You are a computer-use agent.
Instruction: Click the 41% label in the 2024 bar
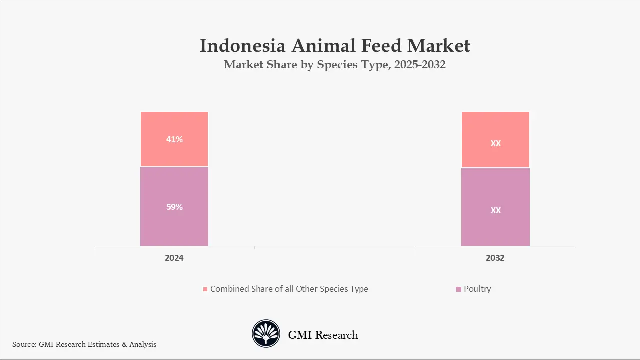[x=174, y=140]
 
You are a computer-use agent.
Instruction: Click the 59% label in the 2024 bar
[x=174, y=207]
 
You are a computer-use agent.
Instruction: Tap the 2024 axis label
[x=174, y=258]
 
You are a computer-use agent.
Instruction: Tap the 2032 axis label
[x=495, y=258]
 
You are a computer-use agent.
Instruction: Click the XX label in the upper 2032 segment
[x=495, y=143]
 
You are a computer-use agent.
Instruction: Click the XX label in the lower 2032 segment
[x=495, y=210]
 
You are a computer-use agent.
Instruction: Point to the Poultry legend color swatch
[x=459, y=289]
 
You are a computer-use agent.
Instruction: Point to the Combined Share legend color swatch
[x=205, y=289]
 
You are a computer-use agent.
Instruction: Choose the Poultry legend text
[x=477, y=289]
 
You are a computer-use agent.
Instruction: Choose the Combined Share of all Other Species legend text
[x=289, y=289]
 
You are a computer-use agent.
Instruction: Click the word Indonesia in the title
[x=242, y=46]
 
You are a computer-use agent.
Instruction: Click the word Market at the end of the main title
[x=438, y=46]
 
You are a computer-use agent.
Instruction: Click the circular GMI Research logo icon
[x=266, y=334]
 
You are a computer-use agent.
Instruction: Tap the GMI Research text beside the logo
[x=323, y=335]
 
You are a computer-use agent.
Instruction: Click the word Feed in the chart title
[x=377, y=46]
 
